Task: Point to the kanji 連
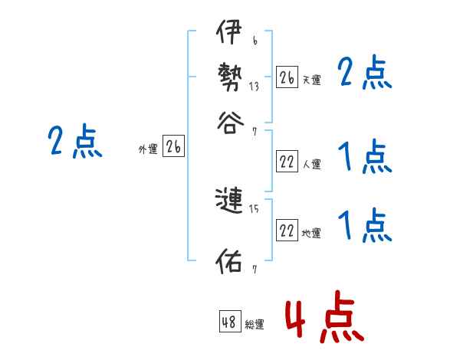click(230, 201)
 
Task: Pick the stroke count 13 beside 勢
click(253, 87)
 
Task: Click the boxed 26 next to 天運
click(287, 77)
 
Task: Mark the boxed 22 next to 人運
click(287, 162)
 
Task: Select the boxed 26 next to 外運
click(173, 148)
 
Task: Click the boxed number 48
click(229, 322)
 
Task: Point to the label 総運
click(255, 325)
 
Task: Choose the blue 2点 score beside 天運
click(364, 75)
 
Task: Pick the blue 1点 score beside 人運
click(364, 159)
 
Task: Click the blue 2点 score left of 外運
click(74, 142)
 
